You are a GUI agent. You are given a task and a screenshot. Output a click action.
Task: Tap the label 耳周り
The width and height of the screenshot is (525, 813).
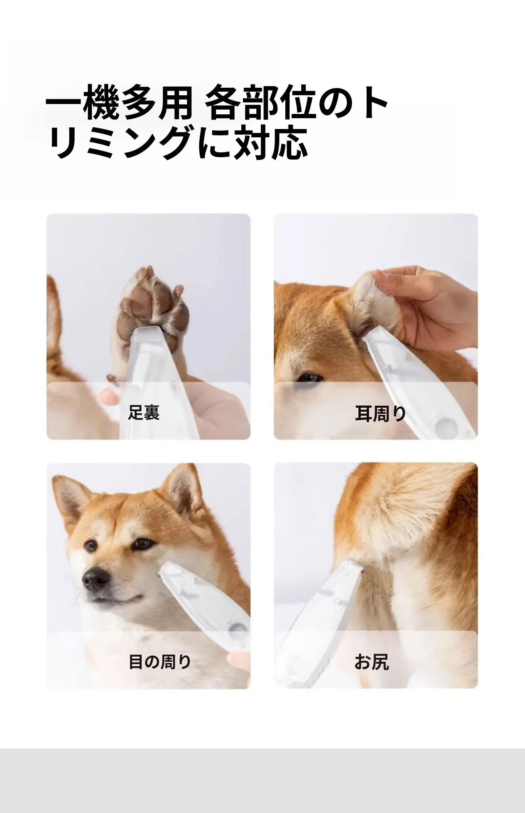click(380, 413)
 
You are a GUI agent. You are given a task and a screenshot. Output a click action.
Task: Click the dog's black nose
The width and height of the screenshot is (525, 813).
click(96, 581)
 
